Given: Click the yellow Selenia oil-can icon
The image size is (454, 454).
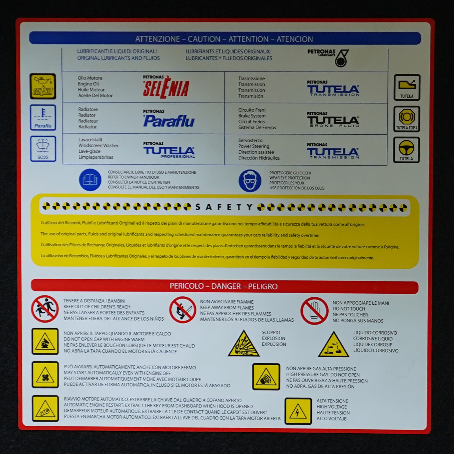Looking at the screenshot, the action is [x=43, y=86].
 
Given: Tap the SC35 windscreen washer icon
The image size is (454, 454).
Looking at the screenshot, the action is [x=43, y=149].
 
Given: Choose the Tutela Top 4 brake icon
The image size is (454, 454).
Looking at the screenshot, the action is [x=407, y=119].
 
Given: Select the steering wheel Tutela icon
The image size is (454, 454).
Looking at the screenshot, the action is [x=406, y=150].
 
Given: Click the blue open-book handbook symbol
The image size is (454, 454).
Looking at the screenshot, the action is [x=90, y=180].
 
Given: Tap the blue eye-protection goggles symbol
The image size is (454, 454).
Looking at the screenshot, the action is [x=250, y=180].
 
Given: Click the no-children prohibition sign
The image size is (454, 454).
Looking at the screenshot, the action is [x=45, y=309].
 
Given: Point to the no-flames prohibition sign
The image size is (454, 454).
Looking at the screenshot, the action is [x=183, y=310].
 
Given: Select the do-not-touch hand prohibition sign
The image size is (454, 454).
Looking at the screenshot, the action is [x=314, y=311].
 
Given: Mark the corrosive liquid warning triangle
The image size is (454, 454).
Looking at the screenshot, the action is [x=333, y=345].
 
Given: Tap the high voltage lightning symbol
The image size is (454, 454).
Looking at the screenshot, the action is [x=298, y=411].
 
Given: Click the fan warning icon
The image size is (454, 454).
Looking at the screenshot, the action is [x=45, y=375].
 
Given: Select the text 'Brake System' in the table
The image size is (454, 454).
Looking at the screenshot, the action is [x=252, y=116].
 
